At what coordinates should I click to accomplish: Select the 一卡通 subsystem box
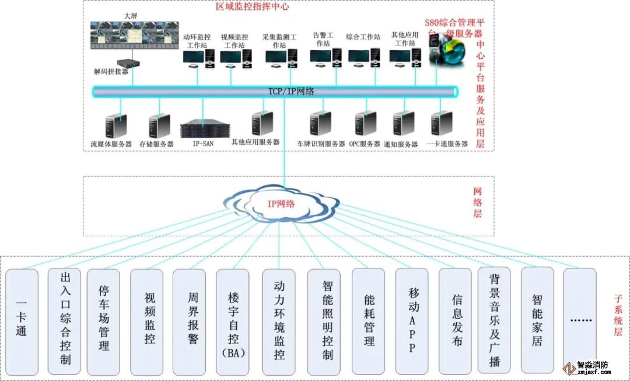[22, 320]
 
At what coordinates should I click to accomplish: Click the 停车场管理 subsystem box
[103, 320]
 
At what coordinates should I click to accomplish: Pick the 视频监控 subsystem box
[146, 320]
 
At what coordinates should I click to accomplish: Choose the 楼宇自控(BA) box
[233, 320]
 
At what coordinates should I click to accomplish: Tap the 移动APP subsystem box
[412, 320]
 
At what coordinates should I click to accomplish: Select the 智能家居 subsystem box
[537, 320]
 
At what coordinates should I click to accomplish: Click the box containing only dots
[580, 320]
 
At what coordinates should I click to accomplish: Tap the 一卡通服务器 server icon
[441, 123]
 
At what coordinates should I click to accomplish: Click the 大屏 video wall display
[135, 34]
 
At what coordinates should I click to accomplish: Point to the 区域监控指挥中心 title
[252, 7]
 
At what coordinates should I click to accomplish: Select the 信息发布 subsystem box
[455, 320]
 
